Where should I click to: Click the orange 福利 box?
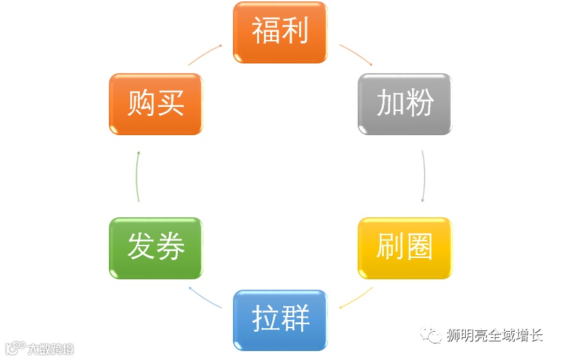coord(280,32)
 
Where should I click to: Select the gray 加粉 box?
coord(405,104)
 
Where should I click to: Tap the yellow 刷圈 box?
coord(405,248)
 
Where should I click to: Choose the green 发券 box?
coord(156,248)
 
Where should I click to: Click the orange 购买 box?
coord(156,104)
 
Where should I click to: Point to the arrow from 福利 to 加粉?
coord(356,54)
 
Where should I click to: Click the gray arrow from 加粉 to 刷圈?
coord(424,177)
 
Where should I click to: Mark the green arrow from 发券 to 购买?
coord(137,177)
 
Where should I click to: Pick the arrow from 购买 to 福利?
coord(205,54)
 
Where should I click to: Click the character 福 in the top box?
coord(265,32)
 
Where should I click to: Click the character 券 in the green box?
coord(170,248)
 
